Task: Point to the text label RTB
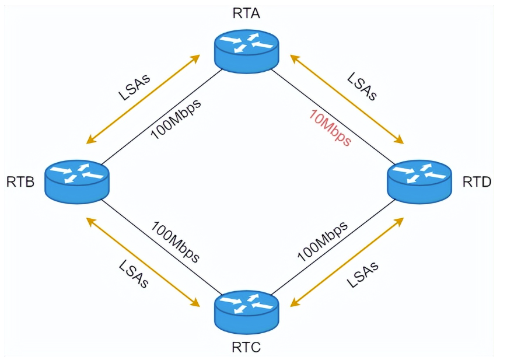tap(21, 183)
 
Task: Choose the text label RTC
tap(246, 348)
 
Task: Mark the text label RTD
tap(477, 183)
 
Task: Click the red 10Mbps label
tap(330, 127)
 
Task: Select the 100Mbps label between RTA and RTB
tap(176, 118)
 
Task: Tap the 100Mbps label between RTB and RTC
tap(176, 242)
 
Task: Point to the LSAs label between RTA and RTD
tap(363, 86)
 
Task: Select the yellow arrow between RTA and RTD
tap(347, 99)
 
